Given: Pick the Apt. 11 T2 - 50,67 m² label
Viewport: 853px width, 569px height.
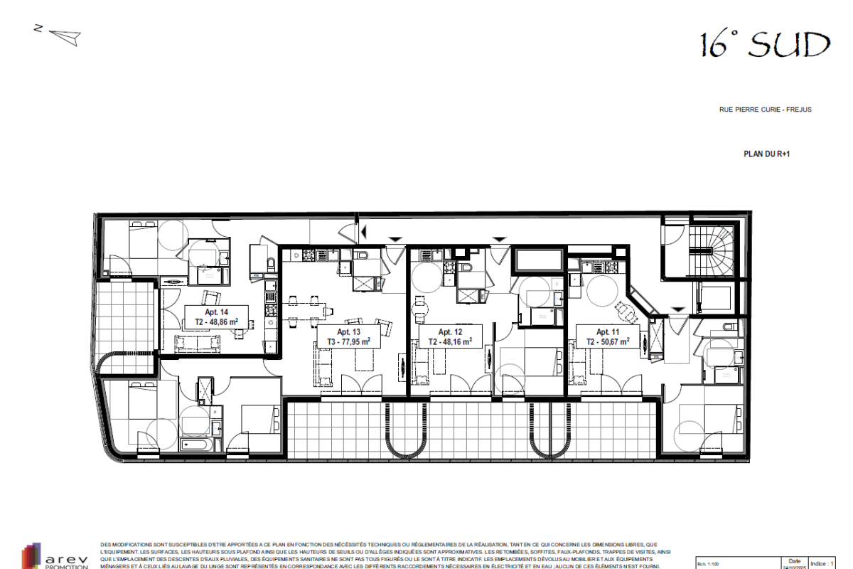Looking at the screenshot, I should pyautogui.click(x=608, y=336).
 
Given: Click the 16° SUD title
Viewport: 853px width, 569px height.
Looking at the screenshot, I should pyautogui.click(x=765, y=45).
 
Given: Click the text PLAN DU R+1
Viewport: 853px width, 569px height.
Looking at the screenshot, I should pyautogui.click(x=766, y=154).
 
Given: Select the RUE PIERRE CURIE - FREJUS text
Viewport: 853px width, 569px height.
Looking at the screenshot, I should pyautogui.click(x=765, y=110).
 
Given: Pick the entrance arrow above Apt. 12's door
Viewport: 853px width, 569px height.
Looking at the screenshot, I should pyautogui.click(x=499, y=239).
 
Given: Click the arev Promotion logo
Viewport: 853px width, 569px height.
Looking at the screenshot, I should pyautogui.click(x=57, y=555).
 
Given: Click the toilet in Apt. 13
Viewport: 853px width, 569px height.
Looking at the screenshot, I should pyautogui.click(x=363, y=255).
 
